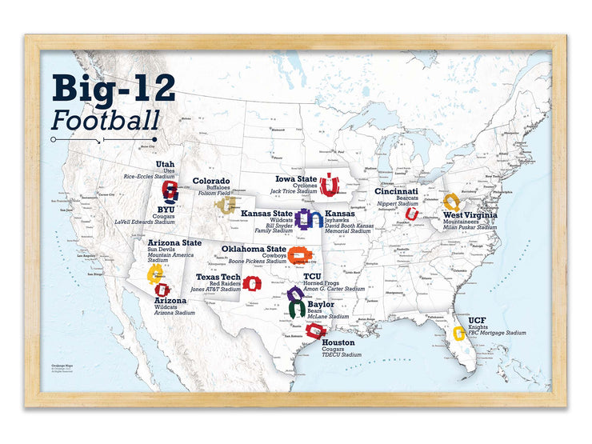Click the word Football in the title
pyautogui.click(x=105, y=120)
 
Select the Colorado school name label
pyautogui.click(x=210, y=182)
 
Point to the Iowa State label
pyautogui.click(x=295, y=179)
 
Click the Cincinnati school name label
pyautogui.click(x=397, y=192)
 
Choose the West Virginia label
pyautogui.click(x=470, y=214)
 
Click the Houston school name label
pyautogui.click(x=338, y=342)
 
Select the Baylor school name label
pyautogui.click(x=321, y=305)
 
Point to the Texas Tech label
pyautogui.click(x=218, y=277)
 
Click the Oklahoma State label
pyautogui.click(x=254, y=249)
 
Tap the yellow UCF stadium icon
pyautogui.click(x=459, y=334)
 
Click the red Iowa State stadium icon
pyautogui.click(x=328, y=186)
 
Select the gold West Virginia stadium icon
pyautogui.click(x=452, y=201)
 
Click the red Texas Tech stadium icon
pyautogui.click(x=252, y=283)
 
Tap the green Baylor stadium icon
pyautogui.click(x=296, y=309)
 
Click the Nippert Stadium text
pyautogui.click(x=398, y=204)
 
